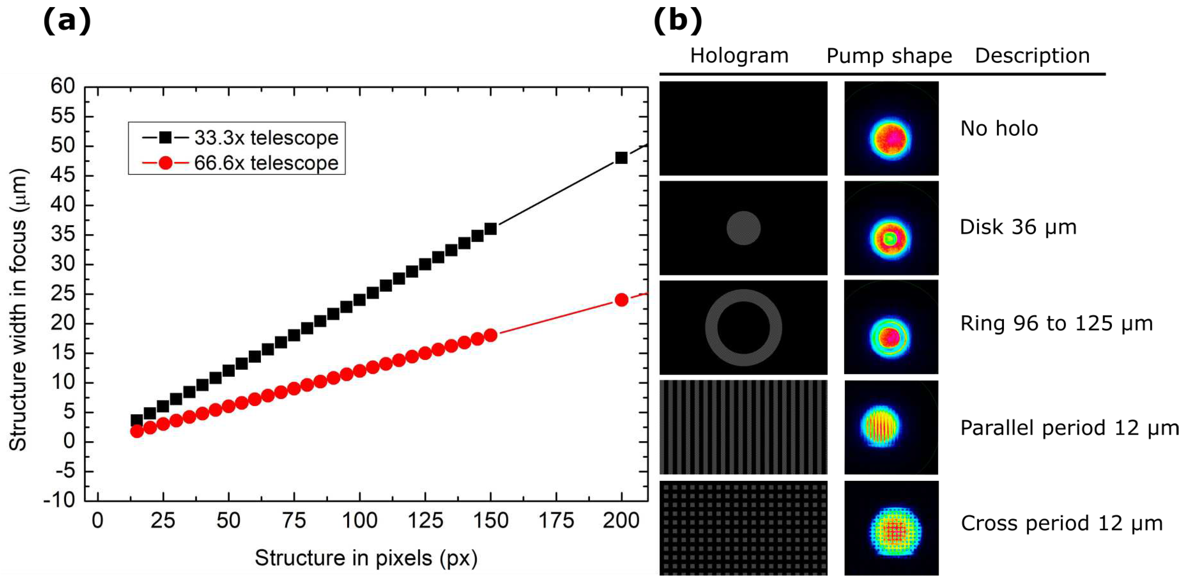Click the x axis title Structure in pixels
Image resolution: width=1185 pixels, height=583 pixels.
coord(366,558)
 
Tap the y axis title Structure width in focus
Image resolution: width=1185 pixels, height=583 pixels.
coord(18,310)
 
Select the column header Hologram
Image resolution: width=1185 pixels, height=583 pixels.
coord(739,56)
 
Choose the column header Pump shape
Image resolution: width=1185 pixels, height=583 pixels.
coord(889,56)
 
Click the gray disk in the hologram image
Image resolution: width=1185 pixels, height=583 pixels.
coord(743,228)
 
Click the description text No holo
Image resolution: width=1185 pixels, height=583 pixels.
coord(999,129)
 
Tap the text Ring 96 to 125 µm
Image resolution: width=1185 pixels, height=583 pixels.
coord(1056,323)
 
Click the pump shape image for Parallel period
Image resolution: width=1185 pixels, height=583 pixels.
coord(891,427)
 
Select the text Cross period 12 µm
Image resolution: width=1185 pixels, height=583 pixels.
coord(1061,524)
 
